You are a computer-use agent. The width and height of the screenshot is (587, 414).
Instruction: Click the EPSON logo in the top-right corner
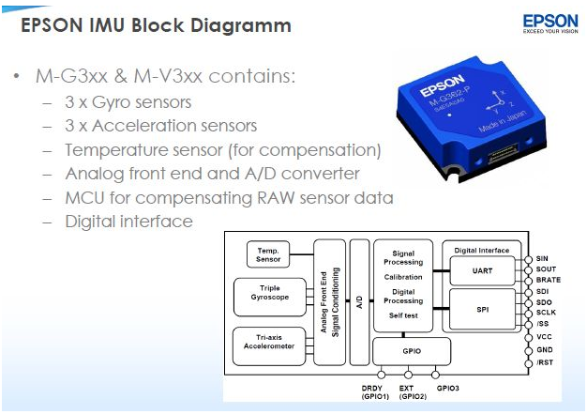(550, 23)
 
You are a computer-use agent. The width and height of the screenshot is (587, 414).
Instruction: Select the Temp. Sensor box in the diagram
(268, 254)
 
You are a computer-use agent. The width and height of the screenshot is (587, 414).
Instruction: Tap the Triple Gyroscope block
(270, 297)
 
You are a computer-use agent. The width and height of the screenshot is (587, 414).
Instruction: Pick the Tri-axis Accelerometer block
(269, 346)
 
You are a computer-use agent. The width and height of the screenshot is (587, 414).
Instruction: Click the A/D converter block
(359, 302)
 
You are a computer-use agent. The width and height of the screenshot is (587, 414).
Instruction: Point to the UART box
(482, 271)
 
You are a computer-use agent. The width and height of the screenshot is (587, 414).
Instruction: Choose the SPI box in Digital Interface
(482, 309)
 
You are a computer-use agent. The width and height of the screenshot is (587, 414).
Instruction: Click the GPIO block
(412, 351)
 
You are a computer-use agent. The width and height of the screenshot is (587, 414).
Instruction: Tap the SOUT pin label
(546, 269)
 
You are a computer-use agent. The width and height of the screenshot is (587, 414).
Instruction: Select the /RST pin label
(545, 362)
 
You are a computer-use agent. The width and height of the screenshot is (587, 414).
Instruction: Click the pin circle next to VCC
(528, 338)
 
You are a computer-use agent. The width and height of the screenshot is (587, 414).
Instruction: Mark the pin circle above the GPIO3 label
(435, 375)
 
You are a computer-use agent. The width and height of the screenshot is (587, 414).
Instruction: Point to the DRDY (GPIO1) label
(375, 392)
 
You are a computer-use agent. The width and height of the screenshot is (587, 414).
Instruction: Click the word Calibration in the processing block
(403, 277)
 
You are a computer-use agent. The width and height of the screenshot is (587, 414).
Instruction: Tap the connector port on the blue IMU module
(502, 153)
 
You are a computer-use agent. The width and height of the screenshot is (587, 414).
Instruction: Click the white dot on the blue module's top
(449, 115)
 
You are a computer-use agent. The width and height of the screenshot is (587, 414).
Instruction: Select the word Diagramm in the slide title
(241, 26)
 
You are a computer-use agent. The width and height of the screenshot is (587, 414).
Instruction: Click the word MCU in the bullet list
(84, 198)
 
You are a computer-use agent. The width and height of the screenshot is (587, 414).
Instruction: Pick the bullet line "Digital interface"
(128, 222)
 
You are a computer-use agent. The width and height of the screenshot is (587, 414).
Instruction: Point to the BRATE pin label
(548, 280)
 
